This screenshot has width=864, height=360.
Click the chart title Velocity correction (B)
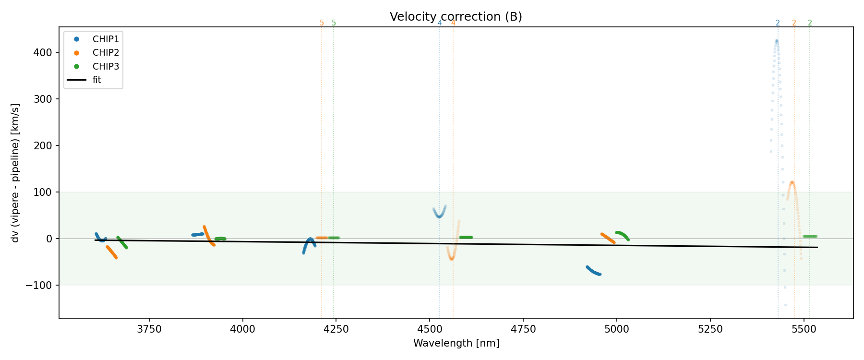456,17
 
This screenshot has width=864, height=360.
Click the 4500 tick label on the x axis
430,329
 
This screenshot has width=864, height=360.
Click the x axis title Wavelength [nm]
456,343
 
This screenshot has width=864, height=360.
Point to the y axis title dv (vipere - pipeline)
15,173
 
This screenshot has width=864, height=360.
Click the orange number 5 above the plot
322,23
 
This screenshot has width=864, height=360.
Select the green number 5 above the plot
334,23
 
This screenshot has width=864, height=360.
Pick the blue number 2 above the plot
778,23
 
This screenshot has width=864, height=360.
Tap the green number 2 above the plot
810,23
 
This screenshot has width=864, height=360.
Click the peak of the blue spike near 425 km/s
776,41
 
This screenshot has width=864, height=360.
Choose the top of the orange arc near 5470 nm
792,182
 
